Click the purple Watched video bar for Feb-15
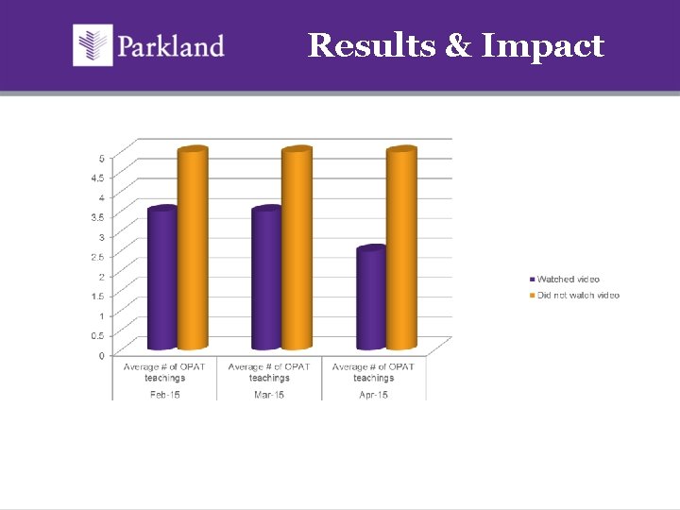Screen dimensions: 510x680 point(163,279)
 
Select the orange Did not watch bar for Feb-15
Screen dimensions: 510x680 point(193,249)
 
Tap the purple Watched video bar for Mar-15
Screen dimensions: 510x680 point(266,279)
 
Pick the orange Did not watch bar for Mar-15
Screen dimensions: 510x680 point(297,249)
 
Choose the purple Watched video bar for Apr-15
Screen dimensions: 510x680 point(371,298)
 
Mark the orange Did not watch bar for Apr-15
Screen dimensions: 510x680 point(401,249)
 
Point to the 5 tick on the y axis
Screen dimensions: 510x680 point(102,157)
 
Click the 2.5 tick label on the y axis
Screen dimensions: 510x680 point(98,256)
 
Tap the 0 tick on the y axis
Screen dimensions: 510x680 point(102,356)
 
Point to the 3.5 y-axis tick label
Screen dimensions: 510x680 point(98,216)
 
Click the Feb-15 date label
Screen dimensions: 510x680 point(164,394)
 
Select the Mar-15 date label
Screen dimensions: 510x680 point(269,394)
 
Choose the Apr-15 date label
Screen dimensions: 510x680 point(373,394)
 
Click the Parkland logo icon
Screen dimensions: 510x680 point(93,45)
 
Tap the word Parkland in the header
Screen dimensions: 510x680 point(171,46)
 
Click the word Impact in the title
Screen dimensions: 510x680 point(543,45)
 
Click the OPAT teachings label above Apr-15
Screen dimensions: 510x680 point(373,372)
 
